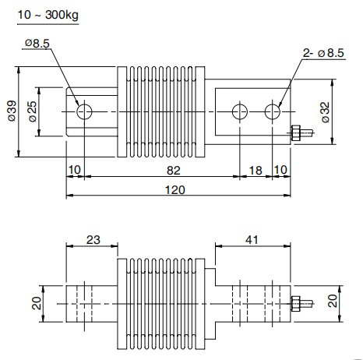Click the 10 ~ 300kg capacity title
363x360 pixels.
click(x=48, y=15)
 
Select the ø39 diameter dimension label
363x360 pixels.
click(x=12, y=111)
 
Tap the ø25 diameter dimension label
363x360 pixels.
click(x=33, y=111)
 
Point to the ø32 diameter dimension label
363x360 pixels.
click(x=325, y=112)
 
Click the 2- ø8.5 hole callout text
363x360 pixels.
click(x=323, y=53)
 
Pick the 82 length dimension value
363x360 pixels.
click(x=174, y=171)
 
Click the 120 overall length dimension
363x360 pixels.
click(x=175, y=190)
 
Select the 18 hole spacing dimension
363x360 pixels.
click(x=256, y=171)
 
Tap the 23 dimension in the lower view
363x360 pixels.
click(x=93, y=240)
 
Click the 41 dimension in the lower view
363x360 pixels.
click(x=252, y=240)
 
